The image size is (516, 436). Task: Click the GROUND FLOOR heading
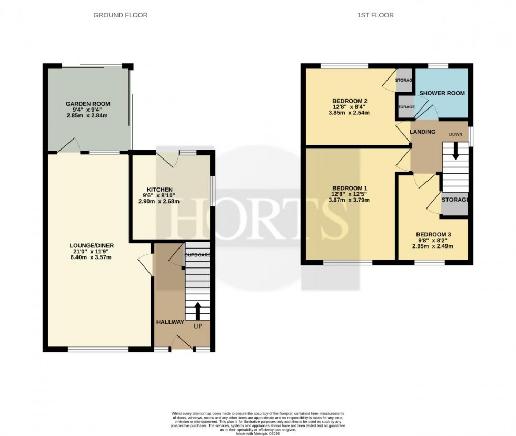[x=120, y=15]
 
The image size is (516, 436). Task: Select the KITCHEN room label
[x=160, y=190]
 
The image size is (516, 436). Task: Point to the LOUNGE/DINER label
[x=92, y=245]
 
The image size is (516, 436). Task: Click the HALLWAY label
[x=170, y=322]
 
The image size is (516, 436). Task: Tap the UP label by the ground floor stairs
[x=198, y=326]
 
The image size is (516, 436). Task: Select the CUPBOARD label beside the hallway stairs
[x=197, y=255]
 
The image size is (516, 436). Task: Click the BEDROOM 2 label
[x=349, y=101]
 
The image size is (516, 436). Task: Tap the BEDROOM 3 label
[x=433, y=235]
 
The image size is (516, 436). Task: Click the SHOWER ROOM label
[x=442, y=93]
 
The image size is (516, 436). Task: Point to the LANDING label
[x=423, y=132]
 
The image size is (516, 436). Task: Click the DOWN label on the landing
[x=455, y=135]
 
